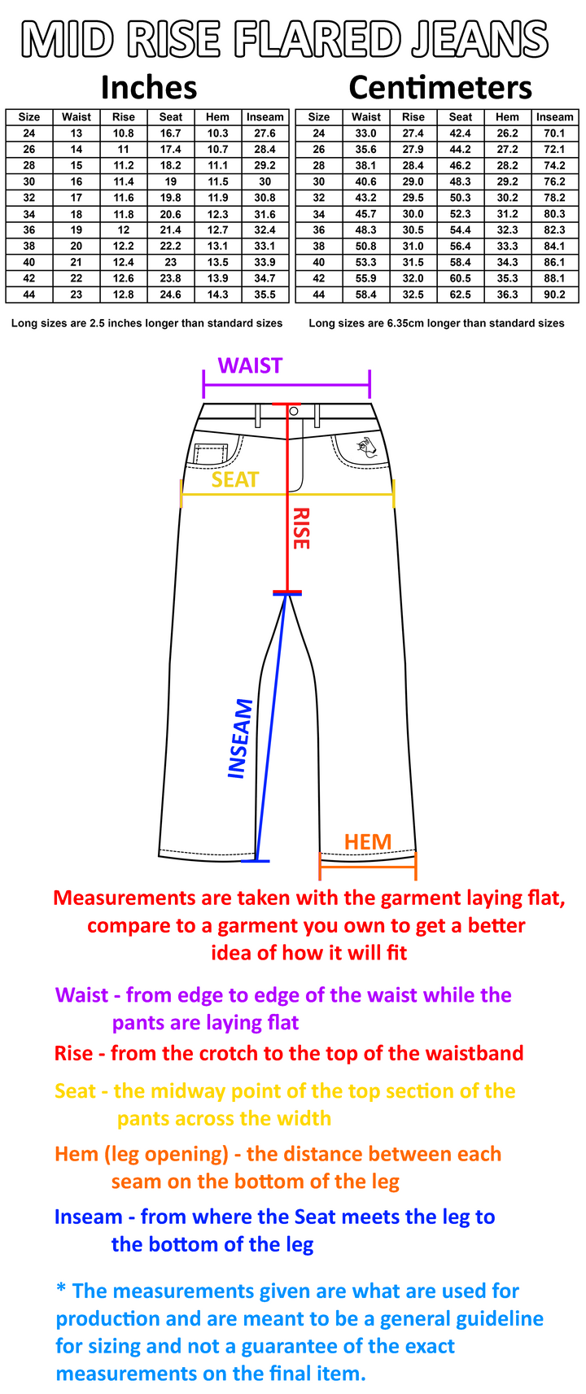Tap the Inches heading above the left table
(149, 88)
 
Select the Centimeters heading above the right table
(440, 88)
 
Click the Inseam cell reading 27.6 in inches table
(265, 133)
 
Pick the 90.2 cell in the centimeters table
(554, 295)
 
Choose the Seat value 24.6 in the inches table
(170, 295)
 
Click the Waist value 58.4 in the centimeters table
(365, 295)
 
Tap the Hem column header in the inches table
(218, 117)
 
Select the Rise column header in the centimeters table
(413, 117)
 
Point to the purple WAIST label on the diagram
(250, 365)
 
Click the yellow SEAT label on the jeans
(235, 480)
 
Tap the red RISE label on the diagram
(301, 528)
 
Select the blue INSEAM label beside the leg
(241, 739)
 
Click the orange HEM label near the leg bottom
(368, 842)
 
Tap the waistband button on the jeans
(295, 411)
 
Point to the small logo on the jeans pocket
(367, 447)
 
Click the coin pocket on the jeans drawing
(211, 454)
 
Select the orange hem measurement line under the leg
(368, 866)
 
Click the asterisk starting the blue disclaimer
(61, 1287)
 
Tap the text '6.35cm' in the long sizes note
(408, 324)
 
